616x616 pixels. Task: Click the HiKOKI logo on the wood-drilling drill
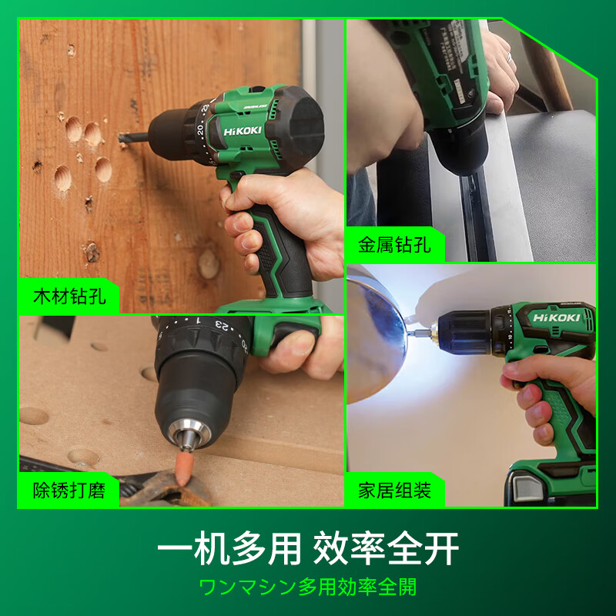[244, 132]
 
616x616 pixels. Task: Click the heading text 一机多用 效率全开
[308, 550]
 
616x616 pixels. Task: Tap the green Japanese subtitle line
[308, 588]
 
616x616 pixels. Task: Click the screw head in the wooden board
[92, 251]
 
